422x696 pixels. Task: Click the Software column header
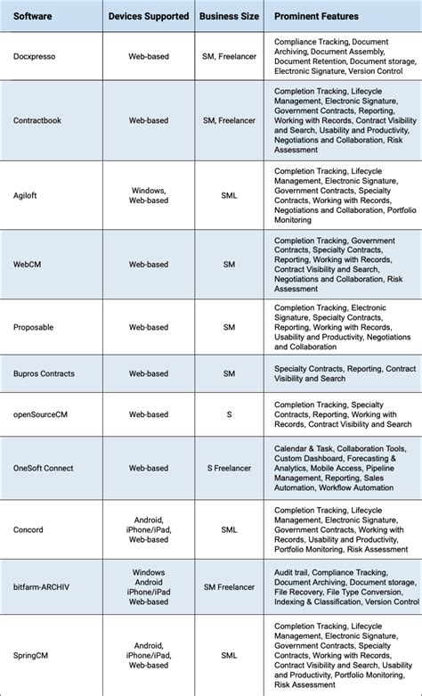tap(33, 16)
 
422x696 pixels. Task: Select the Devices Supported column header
tap(149, 16)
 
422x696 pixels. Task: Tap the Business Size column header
tap(229, 16)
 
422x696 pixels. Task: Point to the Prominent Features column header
tap(318, 16)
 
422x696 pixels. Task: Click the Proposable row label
tap(34, 327)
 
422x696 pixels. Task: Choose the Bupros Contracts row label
tap(44, 373)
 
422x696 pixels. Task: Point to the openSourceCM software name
tap(42, 414)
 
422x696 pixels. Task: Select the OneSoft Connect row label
tap(44, 468)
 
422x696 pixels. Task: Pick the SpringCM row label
tap(32, 659)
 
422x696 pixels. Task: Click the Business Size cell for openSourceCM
tap(229, 414)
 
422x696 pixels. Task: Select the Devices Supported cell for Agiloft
tap(149, 194)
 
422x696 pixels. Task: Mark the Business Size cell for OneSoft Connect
tap(229, 468)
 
